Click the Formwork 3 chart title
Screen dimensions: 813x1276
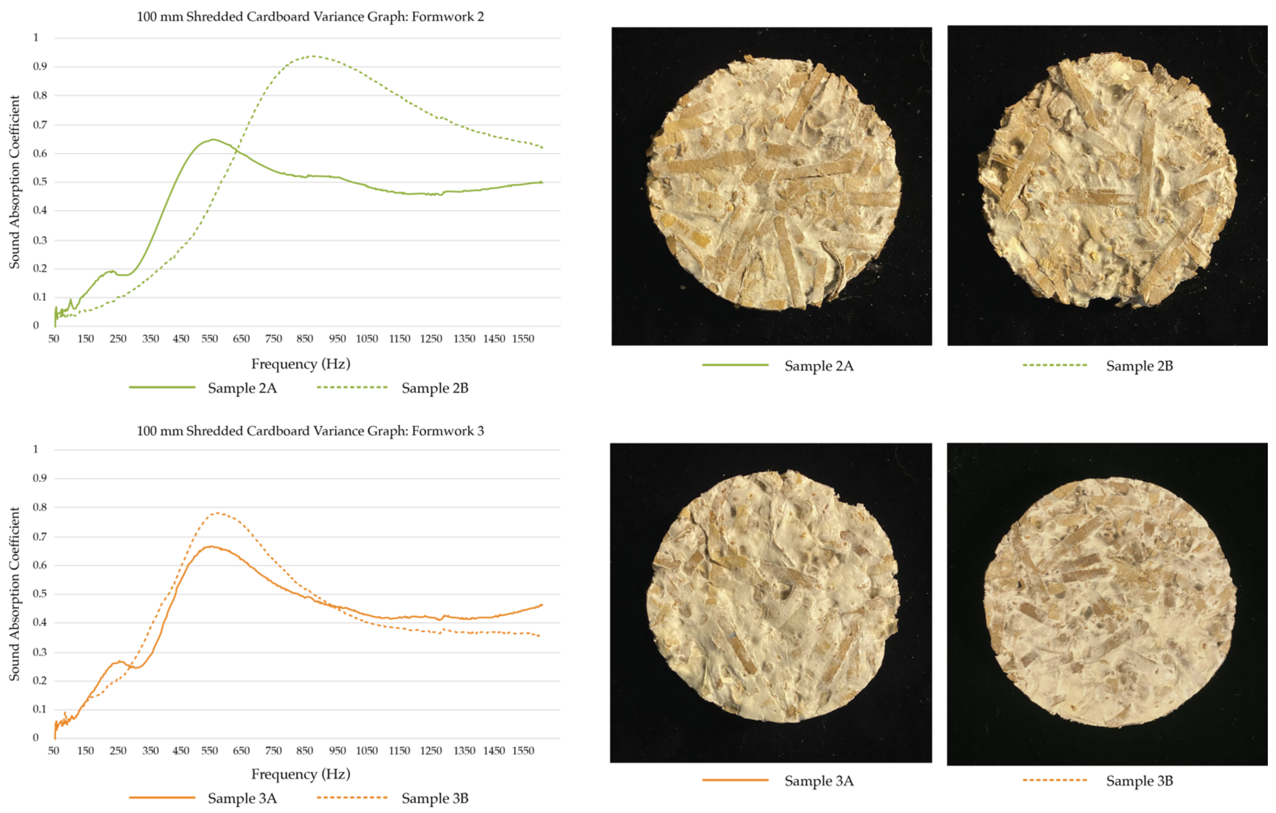tap(310, 431)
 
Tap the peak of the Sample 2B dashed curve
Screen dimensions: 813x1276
tap(313, 56)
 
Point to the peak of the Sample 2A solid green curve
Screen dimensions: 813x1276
tap(213, 139)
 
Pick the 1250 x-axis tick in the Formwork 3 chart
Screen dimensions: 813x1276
tap(431, 751)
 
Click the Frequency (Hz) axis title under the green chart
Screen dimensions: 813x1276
tap(300, 364)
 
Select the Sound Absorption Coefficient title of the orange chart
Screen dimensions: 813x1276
tap(14, 594)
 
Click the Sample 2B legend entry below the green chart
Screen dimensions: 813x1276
tap(434, 388)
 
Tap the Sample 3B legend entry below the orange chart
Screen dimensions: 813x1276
tap(434, 798)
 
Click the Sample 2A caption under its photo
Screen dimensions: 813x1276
tap(819, 366)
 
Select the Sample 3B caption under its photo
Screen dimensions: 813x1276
tap(1139, 781)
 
